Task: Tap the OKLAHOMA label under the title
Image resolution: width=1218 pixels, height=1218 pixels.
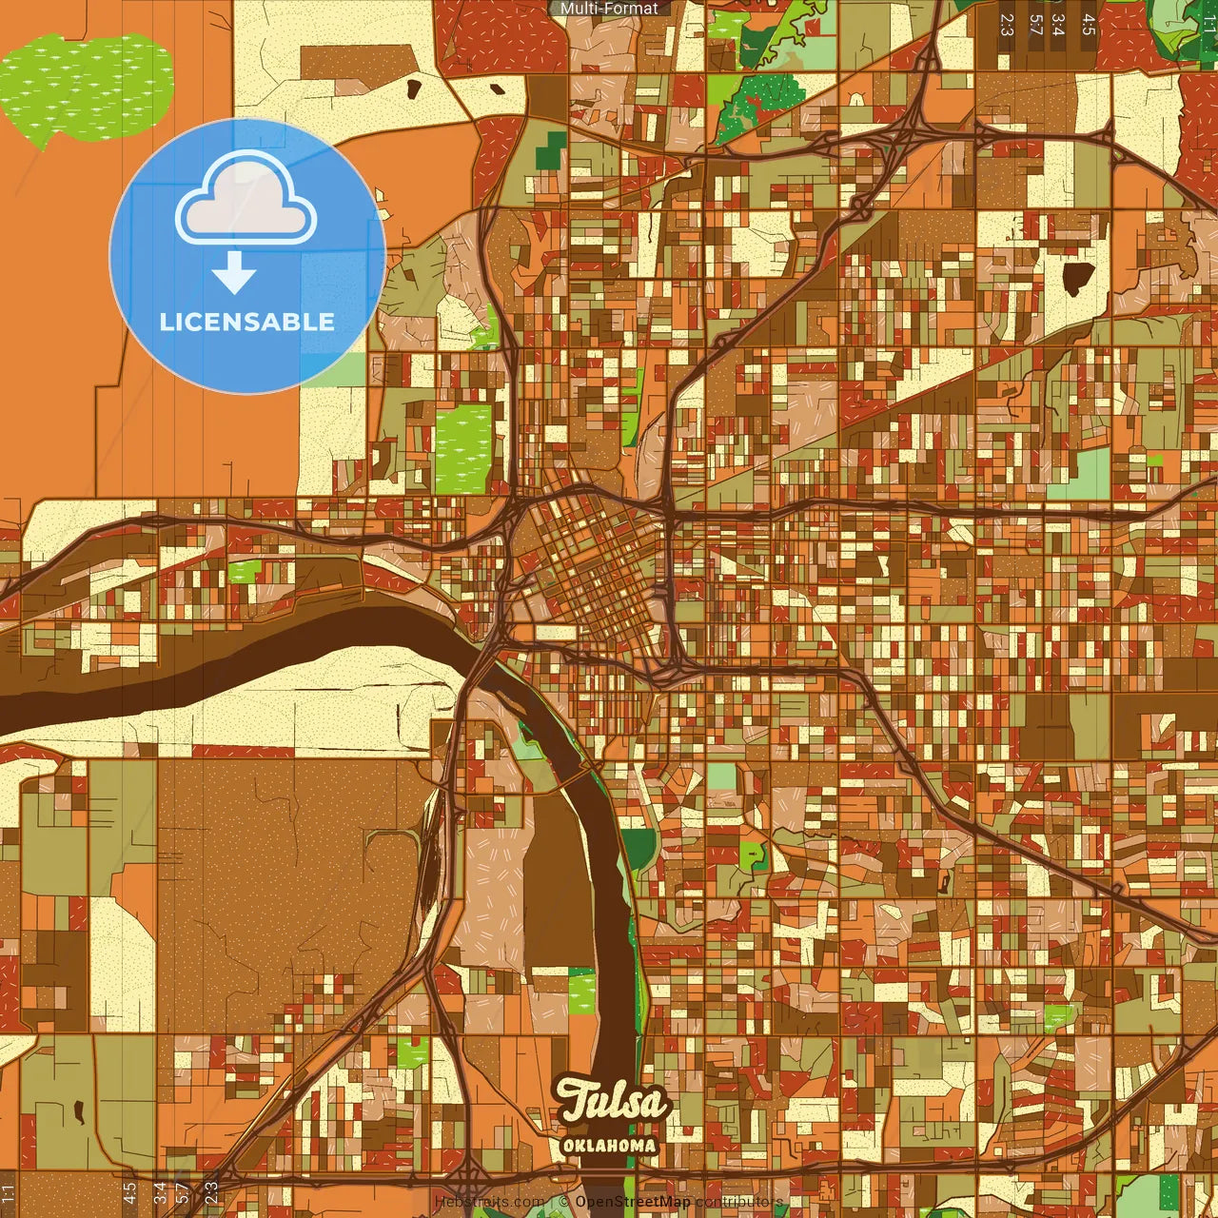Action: [609, 1146]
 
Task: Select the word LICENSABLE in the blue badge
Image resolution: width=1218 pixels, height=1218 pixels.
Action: [246, 322]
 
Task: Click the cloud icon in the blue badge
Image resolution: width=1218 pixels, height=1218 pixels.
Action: [246, 203]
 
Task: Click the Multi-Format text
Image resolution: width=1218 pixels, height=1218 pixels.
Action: [609, 9]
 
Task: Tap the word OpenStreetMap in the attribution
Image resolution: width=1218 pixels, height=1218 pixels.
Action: [632, 1202]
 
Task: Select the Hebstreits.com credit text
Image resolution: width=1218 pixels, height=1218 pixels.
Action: [489, 1202]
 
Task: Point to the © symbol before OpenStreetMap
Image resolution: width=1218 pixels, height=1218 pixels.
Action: [564, 1202]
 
